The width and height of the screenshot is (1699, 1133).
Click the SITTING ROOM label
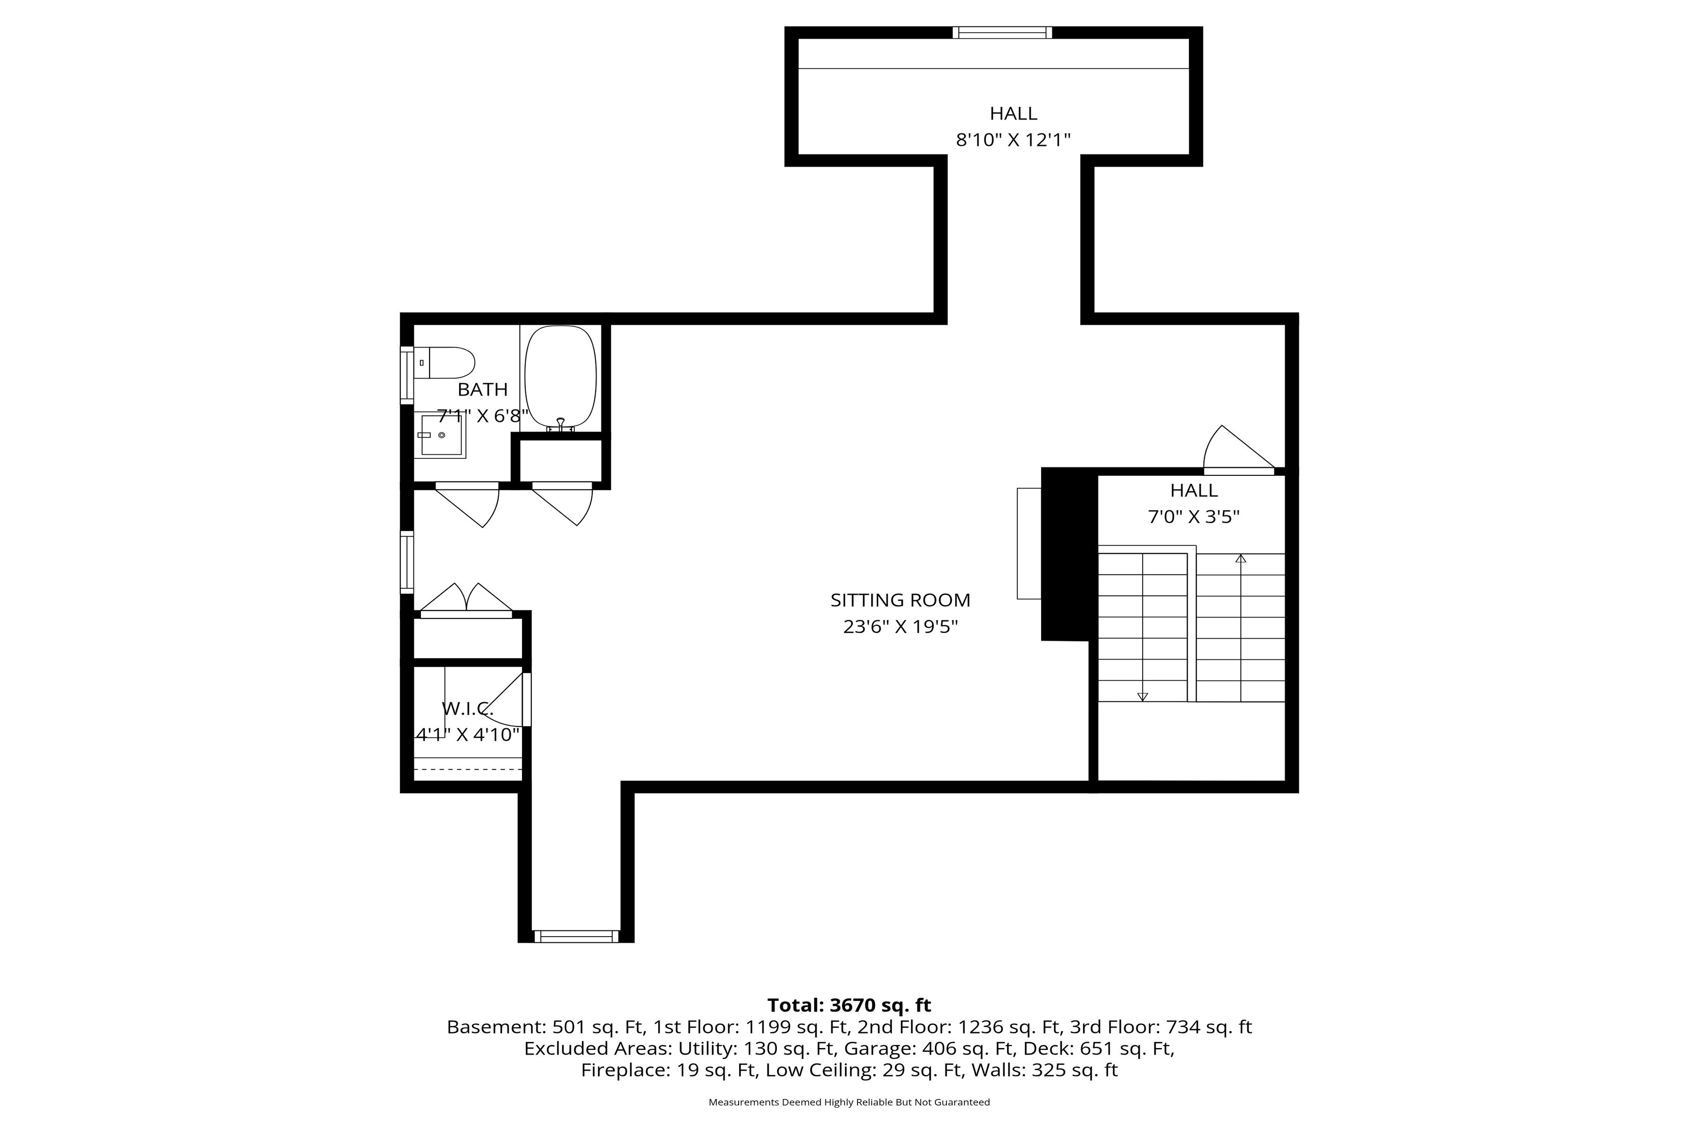coord(900,600)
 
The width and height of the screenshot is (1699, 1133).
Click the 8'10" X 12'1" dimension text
coord(1013,140)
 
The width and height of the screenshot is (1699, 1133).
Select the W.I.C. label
coord(467,709)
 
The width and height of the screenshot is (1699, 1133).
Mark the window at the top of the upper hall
coord(1002,33)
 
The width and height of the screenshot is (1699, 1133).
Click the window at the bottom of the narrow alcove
coord(576,937)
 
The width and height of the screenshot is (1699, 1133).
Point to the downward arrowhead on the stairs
coord(1142,697)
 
